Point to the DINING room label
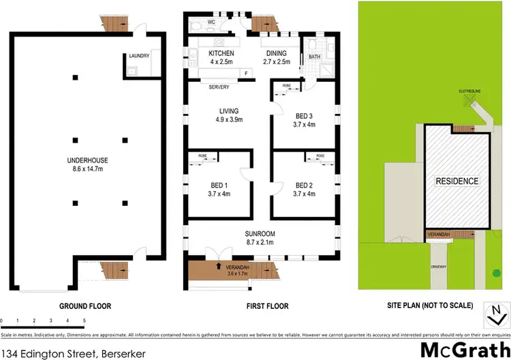pos(276,53)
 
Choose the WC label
pos(212,22)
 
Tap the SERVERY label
pos(219,87)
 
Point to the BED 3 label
pos(304,116)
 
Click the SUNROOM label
pos(260,234)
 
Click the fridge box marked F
pos(245,72)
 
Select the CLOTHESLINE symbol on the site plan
pos(468,100)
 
